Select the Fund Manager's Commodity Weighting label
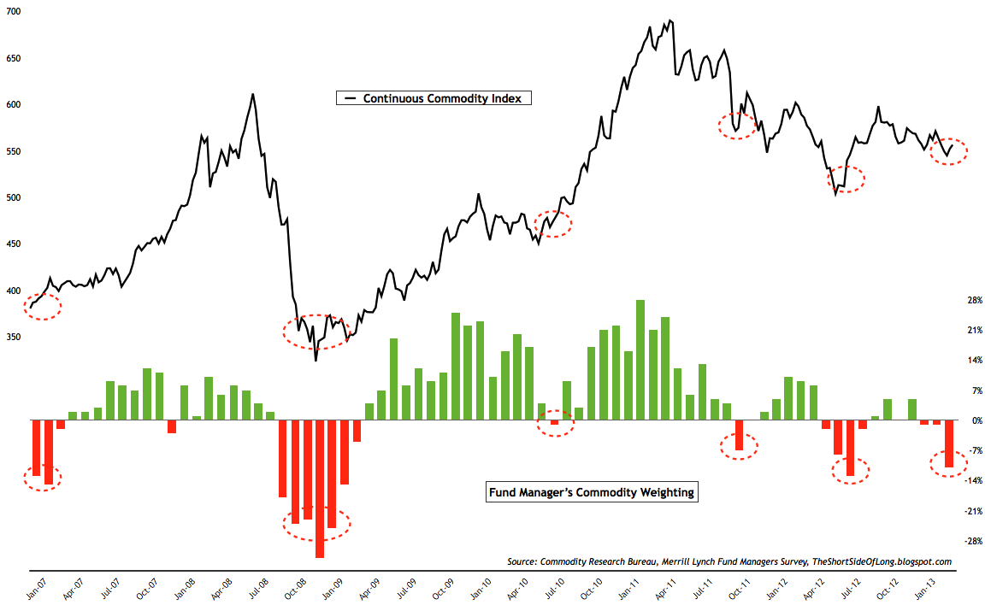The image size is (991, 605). point(591,492)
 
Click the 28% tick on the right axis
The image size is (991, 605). point(974,301)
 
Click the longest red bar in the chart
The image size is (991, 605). point(320,489)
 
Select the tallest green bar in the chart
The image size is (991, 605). point(640,360)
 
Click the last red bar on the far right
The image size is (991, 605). point(949,443)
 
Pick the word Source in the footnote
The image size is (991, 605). point(522,561)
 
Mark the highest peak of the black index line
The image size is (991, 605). point(670,21)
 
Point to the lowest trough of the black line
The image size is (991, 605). point(316,360)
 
